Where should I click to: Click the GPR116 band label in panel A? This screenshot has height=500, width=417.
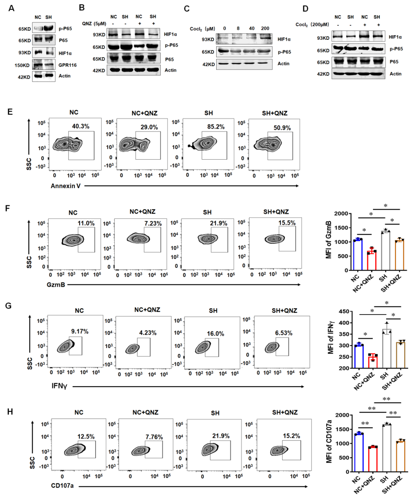pyautogui.click(x=68, y=65)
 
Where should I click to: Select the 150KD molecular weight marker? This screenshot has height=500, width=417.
pyautogui.click(x=22, y=65)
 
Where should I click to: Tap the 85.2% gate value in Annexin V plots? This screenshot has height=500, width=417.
pyautogui.click(x=216, y=127)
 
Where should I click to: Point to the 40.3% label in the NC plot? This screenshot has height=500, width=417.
pyautogui.click(x=81, y=126)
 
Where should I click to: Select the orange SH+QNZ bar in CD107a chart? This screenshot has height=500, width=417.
pyautogui.click(x=400, y=456)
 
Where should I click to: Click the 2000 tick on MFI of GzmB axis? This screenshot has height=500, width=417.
pyautogui.click(x=341, y=214)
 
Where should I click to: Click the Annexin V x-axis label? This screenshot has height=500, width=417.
pyautogui.click(x=66, y=186)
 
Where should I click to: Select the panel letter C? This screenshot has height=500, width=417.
pyautogui.click(x=187, y=9)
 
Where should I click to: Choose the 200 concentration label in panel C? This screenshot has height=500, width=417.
pyautogui.click(x=265, y=28)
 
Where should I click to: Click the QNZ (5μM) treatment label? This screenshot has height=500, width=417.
pyautogui.click(x=94, y=24)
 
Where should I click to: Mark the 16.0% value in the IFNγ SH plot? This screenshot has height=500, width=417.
pyautogui.click(x=215, y=333)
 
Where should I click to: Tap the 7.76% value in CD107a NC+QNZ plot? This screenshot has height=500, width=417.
pyautogui.click(x=154, y=437)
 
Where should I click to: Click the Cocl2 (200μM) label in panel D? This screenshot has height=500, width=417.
pyautogui.click(x=312, y=24)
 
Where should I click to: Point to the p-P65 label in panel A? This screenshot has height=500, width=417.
pyautogui.click(x=65, y=29)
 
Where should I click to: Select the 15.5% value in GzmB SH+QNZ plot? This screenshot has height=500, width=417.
pyautogui.click(x=287, y=223)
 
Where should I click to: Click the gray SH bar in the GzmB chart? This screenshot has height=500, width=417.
pyautogui.click(x=385, y=251)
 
